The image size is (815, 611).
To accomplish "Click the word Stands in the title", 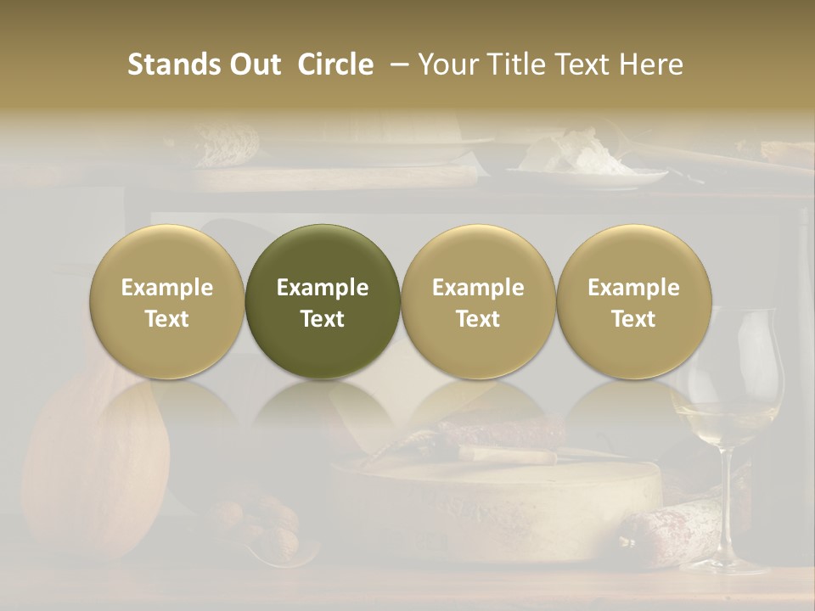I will coord(175,64).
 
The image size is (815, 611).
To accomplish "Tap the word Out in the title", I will coord(252,64).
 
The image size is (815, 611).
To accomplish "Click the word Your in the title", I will coord(447,64).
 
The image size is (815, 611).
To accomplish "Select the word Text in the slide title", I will coord(584,64).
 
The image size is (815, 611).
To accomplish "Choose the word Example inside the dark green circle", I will coord(323,288).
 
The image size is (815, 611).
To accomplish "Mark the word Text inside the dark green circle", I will coord(323,319).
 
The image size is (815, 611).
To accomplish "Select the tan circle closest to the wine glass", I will coord(633,302).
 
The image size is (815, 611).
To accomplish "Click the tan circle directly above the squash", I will coord(167,302).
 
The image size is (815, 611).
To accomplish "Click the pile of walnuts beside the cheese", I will coord(255,518).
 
